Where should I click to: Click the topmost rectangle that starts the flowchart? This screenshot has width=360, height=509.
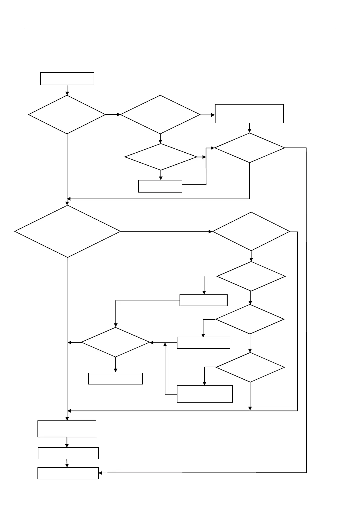[x=67, y=79]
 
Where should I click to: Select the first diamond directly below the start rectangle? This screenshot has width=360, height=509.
[x=67, y=115]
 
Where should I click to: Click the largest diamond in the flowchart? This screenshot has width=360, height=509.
[x=67, y=232]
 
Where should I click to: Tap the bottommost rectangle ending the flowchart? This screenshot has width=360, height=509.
[x=68, y=473]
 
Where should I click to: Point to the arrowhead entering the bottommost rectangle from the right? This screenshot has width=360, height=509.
[x=101, y=473]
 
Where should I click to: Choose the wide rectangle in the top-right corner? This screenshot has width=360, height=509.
[x=249, y=114]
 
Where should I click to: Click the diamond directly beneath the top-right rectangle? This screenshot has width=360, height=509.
[x=249, y=148]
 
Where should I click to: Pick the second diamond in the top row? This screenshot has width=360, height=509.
[x=160, y=115]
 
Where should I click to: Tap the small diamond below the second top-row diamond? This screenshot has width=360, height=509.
[x=161, y=157]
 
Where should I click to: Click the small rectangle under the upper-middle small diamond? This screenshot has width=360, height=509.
[x=160, y=186]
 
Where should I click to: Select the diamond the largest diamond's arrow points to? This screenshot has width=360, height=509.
[x=251, y=232]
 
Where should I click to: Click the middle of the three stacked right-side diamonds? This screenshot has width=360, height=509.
[x=250, y=319]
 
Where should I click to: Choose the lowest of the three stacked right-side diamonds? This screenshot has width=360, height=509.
[x=250, y=368]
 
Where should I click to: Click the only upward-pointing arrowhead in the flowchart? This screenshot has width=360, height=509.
[x=165, y=344]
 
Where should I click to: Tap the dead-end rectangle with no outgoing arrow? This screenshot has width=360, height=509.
[x=115, y=378]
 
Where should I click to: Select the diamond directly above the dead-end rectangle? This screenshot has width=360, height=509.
[x=115, y=342]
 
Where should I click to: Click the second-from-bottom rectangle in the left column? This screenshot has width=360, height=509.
[x=68, y=453]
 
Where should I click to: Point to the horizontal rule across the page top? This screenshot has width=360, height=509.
[x=180, y=29]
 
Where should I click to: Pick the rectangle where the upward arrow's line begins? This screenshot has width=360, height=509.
[x=205, y=394]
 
